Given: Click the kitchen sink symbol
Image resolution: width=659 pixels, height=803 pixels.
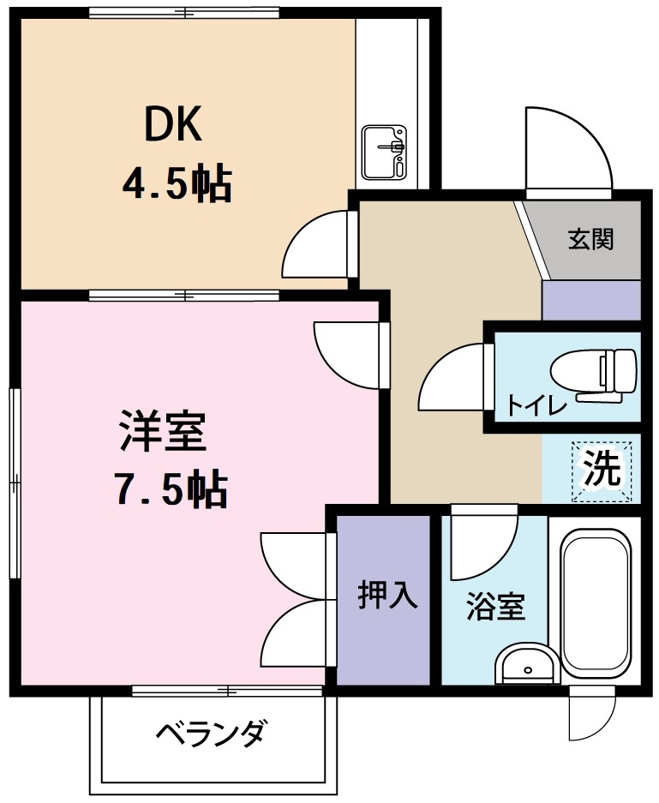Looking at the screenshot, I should point(383,153).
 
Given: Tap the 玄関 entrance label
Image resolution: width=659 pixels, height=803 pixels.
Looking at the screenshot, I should point(590,239).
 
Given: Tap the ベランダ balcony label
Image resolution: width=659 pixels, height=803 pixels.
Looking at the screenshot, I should point(212,734).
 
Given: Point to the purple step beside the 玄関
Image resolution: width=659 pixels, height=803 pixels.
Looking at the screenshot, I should point(591,300).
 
